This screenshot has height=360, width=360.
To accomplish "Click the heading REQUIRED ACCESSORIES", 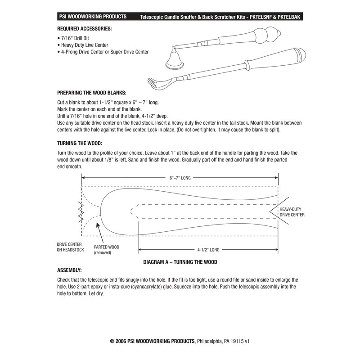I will pos(85,28).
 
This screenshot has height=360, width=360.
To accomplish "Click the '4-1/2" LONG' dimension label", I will pos(208,249).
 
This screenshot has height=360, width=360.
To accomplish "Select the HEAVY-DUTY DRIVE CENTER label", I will pos(292,212).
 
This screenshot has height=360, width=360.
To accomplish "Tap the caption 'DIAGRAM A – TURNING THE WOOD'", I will pos(181,261).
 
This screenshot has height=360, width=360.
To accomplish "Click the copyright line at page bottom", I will pos(180,341).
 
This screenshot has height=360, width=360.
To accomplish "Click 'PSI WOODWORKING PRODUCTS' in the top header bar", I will pos(93,17).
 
